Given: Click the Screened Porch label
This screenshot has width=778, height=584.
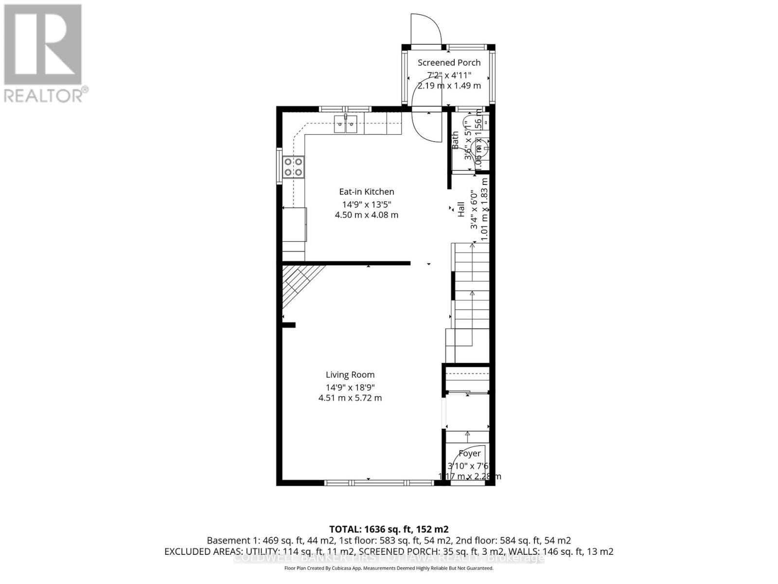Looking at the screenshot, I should pos(449,62).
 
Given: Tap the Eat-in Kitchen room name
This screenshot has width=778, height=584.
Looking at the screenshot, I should pos(367,192).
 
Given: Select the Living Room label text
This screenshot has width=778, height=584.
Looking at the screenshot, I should pos(350,375).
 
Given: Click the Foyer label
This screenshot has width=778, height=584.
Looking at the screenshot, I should pos(470,454).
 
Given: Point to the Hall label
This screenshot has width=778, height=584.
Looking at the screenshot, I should pos(461,210).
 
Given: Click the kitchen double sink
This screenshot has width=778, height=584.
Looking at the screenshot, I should pos(346,124).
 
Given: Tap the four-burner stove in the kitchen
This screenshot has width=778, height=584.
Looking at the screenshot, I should pos(294,166).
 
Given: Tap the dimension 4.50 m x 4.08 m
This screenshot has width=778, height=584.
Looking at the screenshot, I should pos(367,215).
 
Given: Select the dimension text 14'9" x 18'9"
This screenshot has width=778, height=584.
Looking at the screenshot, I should pos(350,387).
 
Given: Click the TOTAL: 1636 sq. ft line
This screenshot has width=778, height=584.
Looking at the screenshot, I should pos(389,529).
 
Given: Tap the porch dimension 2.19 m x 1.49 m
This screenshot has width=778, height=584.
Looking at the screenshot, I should pos(449,86).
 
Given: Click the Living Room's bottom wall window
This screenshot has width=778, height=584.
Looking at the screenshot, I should pos(378,483).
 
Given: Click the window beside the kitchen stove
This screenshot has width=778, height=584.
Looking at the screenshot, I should pos(279,165).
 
